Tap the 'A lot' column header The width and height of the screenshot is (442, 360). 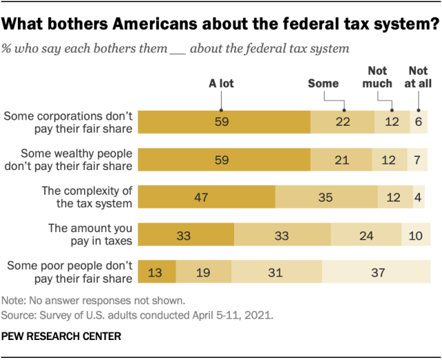tap(222, 84)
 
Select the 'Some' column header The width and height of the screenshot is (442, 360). tap(323, 84)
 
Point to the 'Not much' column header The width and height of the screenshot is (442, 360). tap(378, 77)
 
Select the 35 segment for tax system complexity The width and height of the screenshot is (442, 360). tap(326, 197)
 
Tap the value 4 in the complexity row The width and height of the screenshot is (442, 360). tap(419, 197)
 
